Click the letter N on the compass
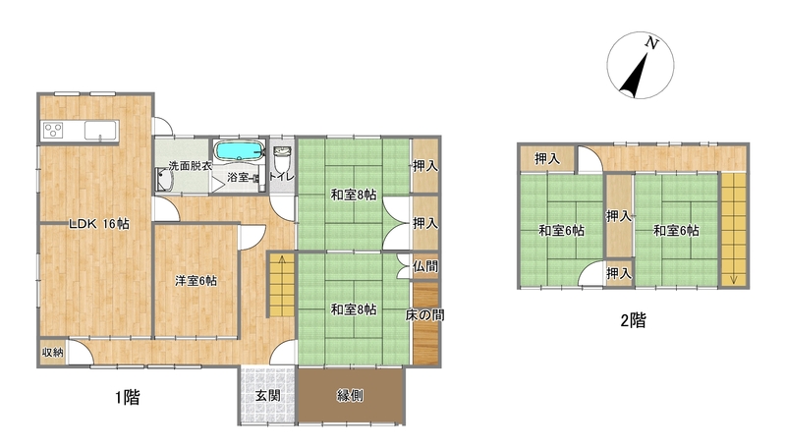pos(651,43)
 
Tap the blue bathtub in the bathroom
pos(239,150)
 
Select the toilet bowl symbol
pos(282,159)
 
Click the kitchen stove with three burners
pos(53,131)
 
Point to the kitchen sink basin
pos(101,131)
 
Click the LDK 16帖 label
pos(99,224)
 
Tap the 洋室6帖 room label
pos(196,281)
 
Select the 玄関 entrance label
pos(267,395)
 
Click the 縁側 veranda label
pos(350,395)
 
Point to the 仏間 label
pos(425,266)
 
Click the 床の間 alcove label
pos(424,315)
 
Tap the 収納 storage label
pos(53,353)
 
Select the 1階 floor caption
pos(128,398)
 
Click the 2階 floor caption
pos(633,320)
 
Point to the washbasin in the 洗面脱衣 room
pos(164,180)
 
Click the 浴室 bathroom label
pos(239,177)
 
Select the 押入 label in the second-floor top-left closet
pos(547,159)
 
